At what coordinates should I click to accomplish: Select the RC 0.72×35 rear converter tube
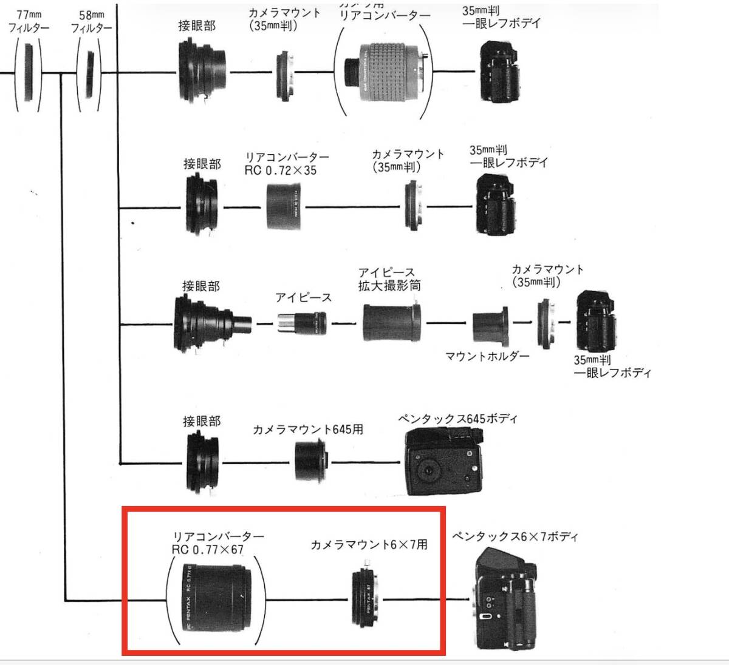click(x=286, y=207)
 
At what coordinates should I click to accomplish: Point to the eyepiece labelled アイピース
click(x=302, y=322)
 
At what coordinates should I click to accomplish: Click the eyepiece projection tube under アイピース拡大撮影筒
click(x=392, y=322)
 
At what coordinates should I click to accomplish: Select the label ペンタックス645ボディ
click(x=457, y=419)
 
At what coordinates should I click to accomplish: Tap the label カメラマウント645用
click(x=308, y=430)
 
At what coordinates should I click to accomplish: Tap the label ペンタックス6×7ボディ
click(x=515, y=537)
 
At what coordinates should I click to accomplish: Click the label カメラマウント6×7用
click(x=369, y=545)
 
